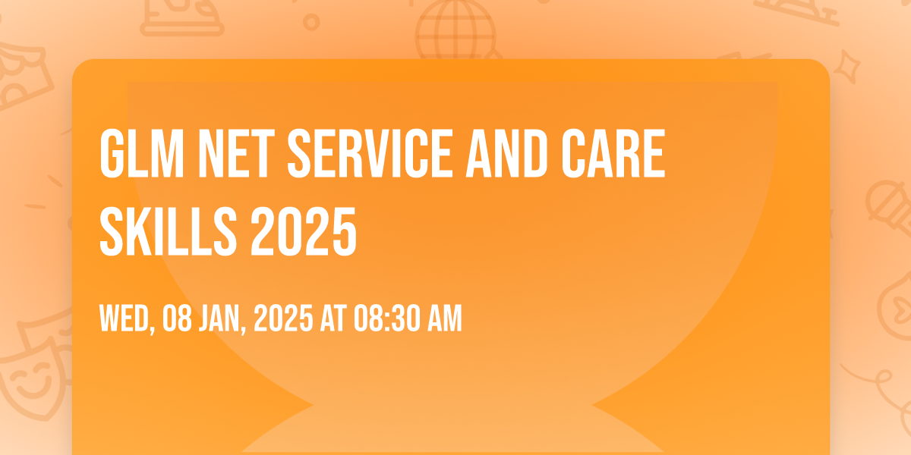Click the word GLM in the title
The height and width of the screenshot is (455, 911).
click(142, 153)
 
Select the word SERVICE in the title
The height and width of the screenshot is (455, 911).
click(370, 153)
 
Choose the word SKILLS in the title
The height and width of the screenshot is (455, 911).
click(169, 231)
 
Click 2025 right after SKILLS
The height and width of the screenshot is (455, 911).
click(304, 231)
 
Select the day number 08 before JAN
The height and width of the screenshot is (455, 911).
click(177, 318)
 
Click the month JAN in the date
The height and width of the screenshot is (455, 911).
click(222, 319)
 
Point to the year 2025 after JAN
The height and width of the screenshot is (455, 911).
click(283, 318)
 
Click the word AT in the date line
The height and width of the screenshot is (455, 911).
click(333, 318)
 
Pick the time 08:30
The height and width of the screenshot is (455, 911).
click(387, 318)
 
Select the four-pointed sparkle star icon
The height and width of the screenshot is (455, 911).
click(846, 67)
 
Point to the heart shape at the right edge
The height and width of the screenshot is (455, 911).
click(902, 309)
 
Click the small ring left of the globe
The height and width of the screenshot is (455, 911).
click(311, 22)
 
